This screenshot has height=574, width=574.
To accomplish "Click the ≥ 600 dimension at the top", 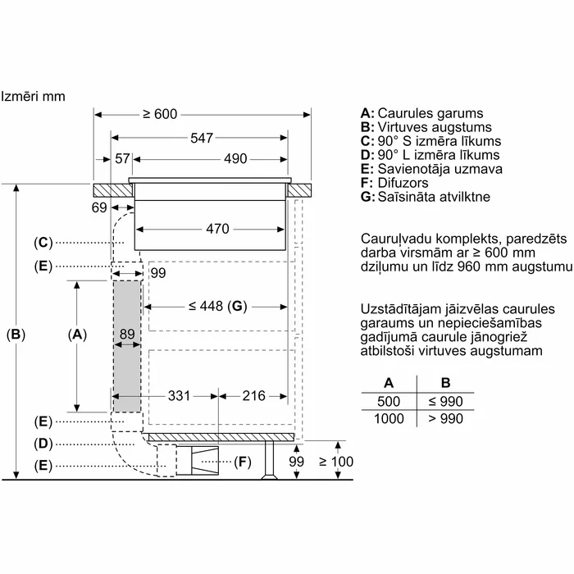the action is pyautogui.click(x=160, y=114).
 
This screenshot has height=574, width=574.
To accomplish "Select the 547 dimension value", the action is pyautogui.click(x=202, y=138).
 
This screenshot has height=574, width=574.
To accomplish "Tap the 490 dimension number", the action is pyautogui.click(x=235, y=159).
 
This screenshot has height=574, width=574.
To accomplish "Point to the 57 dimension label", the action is pyautogui.click(x=122, y=159).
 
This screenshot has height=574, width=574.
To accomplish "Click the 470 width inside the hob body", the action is pyautogui.click(x=217, y=229).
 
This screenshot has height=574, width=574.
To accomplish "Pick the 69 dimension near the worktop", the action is pyautogui.click(x=99, y=208).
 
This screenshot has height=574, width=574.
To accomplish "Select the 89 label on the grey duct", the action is pyautogui.click(x=127, y=335).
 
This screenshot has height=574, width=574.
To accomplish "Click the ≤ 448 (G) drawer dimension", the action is pyautogui.click(x=218, y=306).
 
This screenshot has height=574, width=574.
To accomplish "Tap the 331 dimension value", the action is pyautogui.click(x=179, y=396).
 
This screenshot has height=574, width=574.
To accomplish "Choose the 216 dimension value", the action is pyautogui.click(x=253, y=396).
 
